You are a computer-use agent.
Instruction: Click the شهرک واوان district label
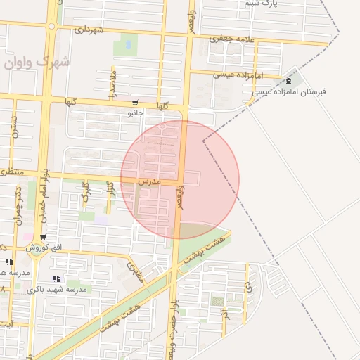coord(37,63)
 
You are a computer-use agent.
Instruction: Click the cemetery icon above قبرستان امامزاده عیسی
coord(289,82)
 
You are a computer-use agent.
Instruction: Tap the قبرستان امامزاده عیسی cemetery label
coord(289,92)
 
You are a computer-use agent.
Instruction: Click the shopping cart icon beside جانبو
coord(135,103)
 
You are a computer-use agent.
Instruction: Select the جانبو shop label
coord(134,112)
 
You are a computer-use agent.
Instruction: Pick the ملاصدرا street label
coord(112,83)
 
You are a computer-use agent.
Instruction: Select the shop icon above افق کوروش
coord(44,237)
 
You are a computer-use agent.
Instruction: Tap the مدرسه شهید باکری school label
coord(57,289)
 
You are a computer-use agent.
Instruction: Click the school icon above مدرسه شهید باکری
coord(56,278)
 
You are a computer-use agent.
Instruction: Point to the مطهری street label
coord(135,271)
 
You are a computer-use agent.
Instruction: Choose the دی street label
coord(247,288)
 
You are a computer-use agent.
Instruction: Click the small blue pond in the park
coord(128,44)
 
